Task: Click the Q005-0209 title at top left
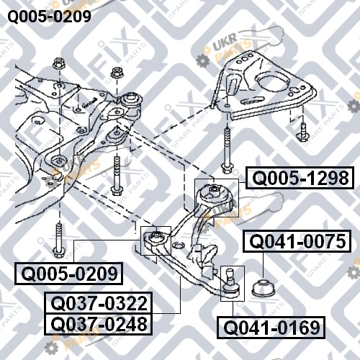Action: pyautogui.click(x=50, y=17)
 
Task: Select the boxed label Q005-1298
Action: pyautogui.click(x=300, y=178)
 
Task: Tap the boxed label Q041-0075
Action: pyautogui.click(x=297, y=241)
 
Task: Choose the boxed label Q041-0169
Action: pyautogui.click(x=271, y=328)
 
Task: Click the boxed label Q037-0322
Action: pyautogui.click(x=99, y=302)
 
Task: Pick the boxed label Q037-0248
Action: pyautogui.click(x=99, y=324)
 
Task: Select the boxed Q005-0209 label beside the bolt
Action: pyautogui.click(x=69, y=274)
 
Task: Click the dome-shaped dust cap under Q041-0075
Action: pyautogui.click(x=264, y=287)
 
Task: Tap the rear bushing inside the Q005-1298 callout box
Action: pyautogui.click(x=215, y=196)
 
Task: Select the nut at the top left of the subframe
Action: pyautogui.click(x=59, y=63)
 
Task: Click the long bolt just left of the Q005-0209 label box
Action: pyautogui.click(x=58, y=240)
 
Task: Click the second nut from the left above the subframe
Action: pyautogui.click(x=117, y=72)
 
